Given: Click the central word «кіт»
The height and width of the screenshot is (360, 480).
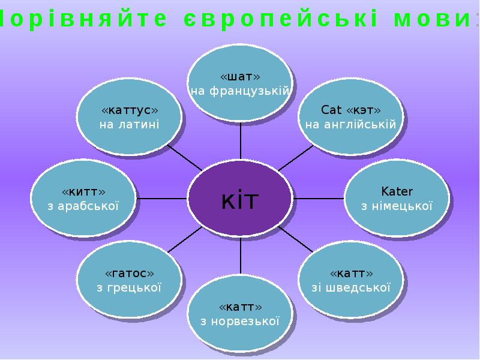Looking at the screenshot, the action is [240, 200].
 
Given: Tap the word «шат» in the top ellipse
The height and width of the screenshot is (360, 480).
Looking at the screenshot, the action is [241, 77].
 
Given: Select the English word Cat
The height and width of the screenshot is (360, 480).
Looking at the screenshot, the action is [332, 110].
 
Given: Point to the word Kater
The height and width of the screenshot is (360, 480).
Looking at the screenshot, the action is [397, 191].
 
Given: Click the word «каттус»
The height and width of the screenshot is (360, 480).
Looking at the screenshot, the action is [130, 110].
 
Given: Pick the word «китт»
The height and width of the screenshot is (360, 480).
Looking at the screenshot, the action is [83, 192].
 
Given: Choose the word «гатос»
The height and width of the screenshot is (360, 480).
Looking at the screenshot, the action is [130, 274].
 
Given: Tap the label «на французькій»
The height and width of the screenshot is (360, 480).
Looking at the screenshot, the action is [241, 91].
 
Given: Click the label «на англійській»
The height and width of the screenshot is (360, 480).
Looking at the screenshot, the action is [351, 125].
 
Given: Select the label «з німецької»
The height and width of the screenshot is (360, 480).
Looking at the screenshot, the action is [397, 206].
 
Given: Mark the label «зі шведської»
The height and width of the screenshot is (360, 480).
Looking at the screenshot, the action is [351, 288].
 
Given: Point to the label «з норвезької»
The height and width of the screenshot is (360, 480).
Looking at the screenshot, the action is [241, 322].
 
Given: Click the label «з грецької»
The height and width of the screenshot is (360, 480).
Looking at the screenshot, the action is [129, 288].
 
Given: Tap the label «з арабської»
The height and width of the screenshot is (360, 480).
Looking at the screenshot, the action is [83, 206].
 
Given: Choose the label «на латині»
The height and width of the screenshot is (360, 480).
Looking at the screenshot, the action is [130, 125].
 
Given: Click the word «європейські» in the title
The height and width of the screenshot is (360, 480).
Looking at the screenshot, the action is [280, 19].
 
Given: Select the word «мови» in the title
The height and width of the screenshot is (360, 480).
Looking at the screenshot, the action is [432, 19].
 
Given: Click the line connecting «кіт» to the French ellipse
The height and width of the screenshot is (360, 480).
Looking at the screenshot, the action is [241, 141].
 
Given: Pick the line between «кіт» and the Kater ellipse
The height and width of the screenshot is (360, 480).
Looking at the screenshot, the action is [319, 199].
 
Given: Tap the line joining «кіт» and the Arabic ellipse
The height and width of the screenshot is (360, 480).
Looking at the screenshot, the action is [161, 199].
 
